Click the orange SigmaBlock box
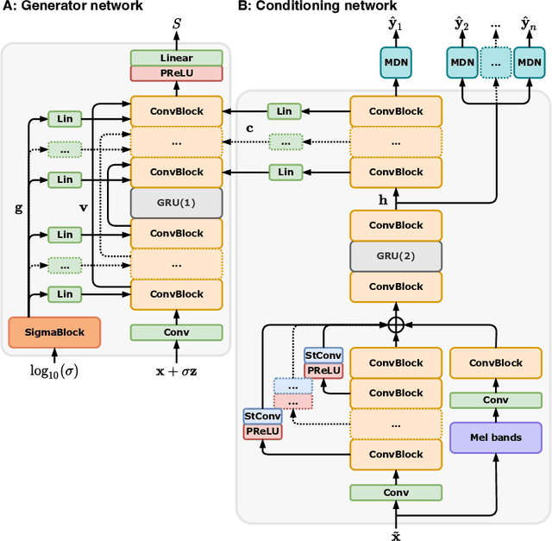tap(54, 330)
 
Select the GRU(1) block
tap(176, 202)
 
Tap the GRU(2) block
tap(395, 255)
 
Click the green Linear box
tap(176, 58)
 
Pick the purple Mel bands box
tap(495, 437)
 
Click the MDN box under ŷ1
tap(395, 62)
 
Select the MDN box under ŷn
tap(531, 62)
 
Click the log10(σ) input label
tap(53, 371)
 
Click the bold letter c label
tap(248, 128)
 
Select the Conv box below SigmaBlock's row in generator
tap(176, 332)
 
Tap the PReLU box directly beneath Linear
tap(176, 74)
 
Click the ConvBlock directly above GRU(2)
tap(395, 225)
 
